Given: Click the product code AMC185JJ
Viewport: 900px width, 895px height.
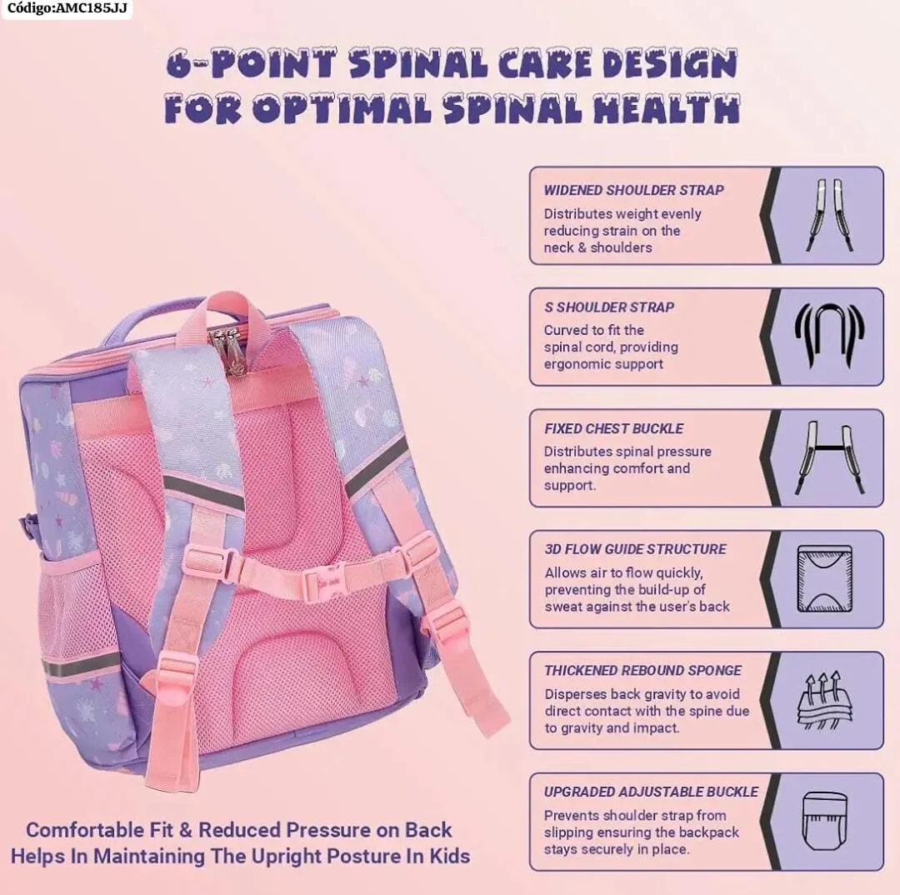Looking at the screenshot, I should [66, 8].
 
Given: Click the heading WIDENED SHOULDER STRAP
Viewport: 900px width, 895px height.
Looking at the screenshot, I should [634, 190].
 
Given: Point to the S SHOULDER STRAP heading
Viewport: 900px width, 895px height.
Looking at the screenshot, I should [609, 307].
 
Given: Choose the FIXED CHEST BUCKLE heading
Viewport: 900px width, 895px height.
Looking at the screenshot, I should [613, 428].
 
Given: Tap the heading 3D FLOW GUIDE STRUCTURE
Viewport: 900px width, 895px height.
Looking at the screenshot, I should [635, 549].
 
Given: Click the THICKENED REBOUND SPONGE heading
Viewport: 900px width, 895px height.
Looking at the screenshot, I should [642, 670].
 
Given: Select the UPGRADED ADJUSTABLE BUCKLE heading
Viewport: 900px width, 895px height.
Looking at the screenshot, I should [651, 792].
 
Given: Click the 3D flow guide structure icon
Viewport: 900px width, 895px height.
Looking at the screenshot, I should [824, 578].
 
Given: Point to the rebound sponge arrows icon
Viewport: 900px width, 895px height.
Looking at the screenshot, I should [824, 700].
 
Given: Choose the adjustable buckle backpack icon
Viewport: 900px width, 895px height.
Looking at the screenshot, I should [824, 821].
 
